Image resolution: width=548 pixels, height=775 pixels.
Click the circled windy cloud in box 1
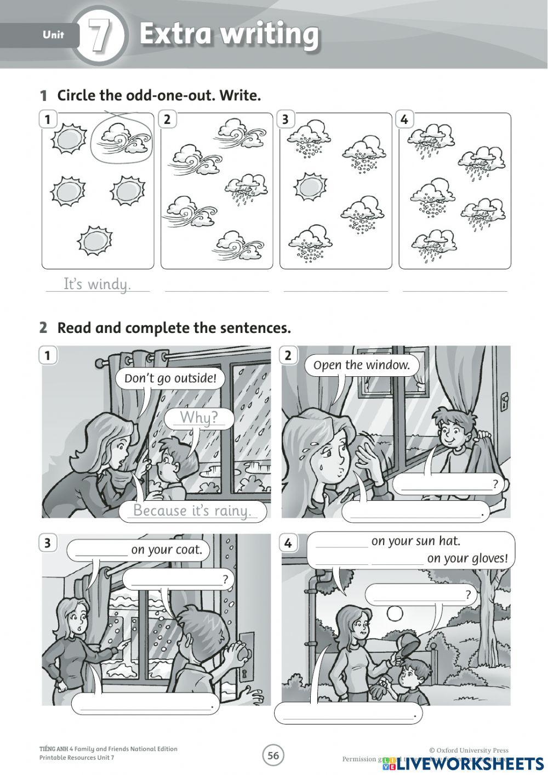[x=121, y=140]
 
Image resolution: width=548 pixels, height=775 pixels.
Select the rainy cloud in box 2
[x=246, y=188]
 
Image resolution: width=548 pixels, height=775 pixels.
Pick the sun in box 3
[x=310, y=187]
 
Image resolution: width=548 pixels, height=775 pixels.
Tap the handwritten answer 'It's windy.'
[x=97, y=284]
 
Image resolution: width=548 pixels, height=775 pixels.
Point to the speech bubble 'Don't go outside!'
[x=170, y=378]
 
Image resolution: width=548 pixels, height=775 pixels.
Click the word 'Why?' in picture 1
[x=198, y=418]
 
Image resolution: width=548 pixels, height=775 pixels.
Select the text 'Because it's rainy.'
[x=192, y=511]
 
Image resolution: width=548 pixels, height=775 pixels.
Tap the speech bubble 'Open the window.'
[x=362, y=365]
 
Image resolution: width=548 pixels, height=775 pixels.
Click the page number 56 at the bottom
[x=273, y=756]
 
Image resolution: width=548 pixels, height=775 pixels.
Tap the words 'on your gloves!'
[x=467, y=558]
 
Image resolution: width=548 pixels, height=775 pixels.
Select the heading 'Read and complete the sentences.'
[x=174, y=328]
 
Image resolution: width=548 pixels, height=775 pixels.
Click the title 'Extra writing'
[x=229, y=34]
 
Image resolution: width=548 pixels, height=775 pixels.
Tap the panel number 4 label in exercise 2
[x=288, y=544]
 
